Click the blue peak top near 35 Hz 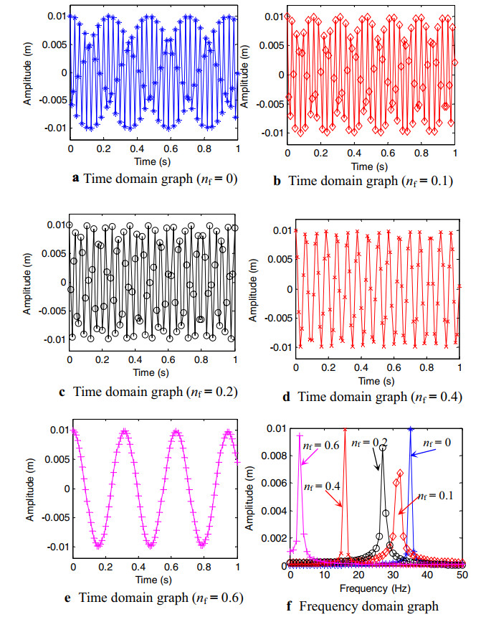click(410, 429)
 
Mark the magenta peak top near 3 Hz click(299, 435)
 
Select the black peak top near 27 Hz click(383, 448)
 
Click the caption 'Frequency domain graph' click(379, 607)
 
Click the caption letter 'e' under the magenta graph click(76, 596)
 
